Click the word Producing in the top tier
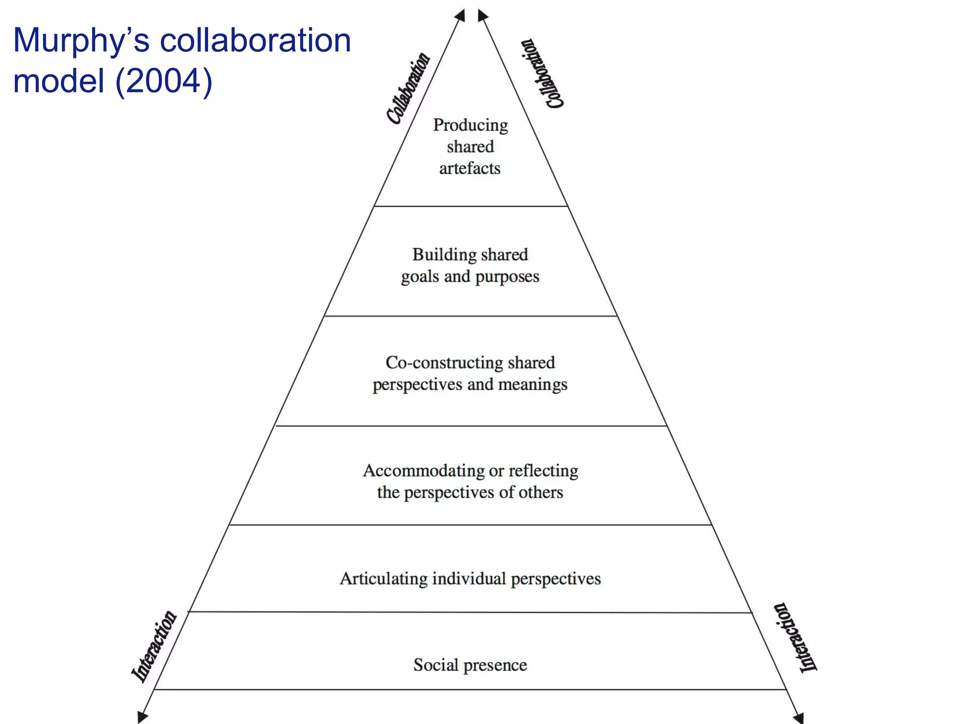point(470,125)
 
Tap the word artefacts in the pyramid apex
point(470,168)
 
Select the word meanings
point(532,385)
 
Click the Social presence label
point(470,665)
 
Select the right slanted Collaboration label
point(542,74)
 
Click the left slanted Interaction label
point(154,646)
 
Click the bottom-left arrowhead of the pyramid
point(142,717)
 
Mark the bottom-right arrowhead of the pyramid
point(798,718)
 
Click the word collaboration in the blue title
point(255,41)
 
